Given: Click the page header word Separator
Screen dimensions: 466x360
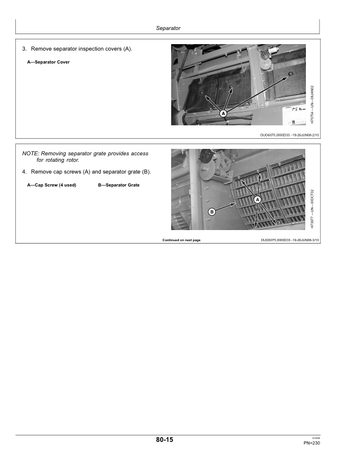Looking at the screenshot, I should coord(168,28).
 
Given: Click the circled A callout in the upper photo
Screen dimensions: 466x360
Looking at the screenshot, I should coord(224,113).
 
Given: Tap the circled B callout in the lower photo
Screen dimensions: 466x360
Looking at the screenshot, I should coord(211,211).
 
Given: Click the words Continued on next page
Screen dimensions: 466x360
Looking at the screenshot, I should coord(181,240).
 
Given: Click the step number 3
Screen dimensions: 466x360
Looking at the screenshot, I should coord(24,49).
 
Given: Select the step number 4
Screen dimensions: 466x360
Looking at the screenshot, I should coord(24,172).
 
